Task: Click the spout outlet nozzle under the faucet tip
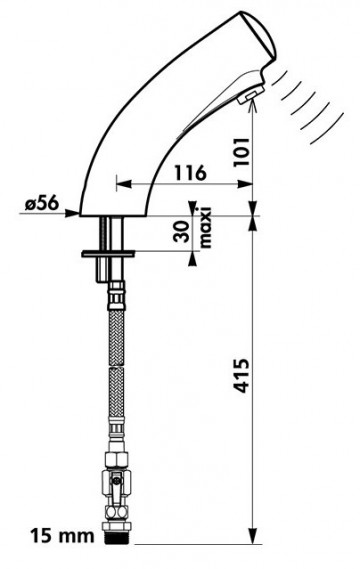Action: coord(250,96)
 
